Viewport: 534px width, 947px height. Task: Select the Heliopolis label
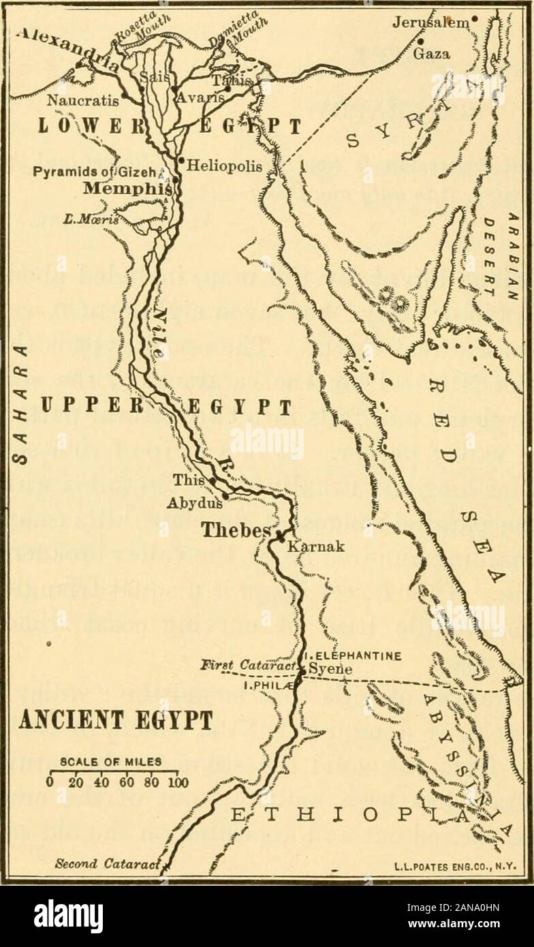coord(220,165)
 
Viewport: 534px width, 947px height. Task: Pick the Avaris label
coord(202,97)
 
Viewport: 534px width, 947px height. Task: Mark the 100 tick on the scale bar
coord(179,781)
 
